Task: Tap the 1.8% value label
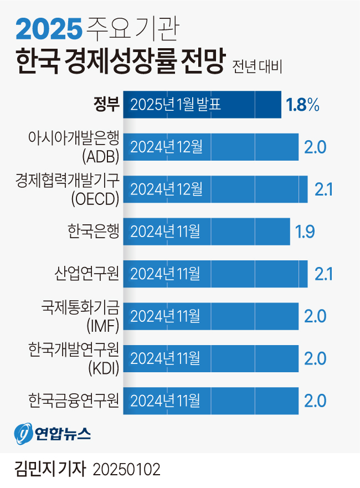point(302,105)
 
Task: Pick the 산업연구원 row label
point(87,273)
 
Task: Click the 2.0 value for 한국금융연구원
point(315,400)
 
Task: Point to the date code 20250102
point(126,470)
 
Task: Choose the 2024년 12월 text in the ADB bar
point(166,147)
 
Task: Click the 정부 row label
point(106,104)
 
